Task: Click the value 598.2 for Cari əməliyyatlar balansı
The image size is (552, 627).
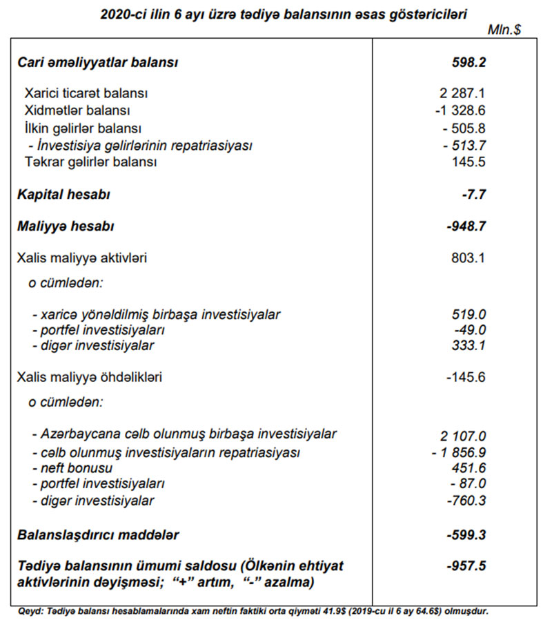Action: coord(468,63)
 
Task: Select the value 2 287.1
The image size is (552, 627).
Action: coord(462,92)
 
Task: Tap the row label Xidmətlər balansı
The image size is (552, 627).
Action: coord(77,110)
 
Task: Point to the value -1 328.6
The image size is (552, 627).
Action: coord(460,110)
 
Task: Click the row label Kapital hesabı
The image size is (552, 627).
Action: coord(63,195)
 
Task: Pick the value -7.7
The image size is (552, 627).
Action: coord(474,195)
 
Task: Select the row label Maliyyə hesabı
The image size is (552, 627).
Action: coord(66,226)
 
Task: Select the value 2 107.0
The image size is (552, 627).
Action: coord(463,436)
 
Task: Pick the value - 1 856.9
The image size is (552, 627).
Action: coord(458,452)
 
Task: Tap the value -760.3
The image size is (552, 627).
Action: coord(467,501)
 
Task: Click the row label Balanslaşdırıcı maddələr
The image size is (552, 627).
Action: coord(98,534)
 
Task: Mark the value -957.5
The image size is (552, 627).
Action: coord(467,566)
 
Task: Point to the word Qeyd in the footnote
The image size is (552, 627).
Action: coord(28,611)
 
